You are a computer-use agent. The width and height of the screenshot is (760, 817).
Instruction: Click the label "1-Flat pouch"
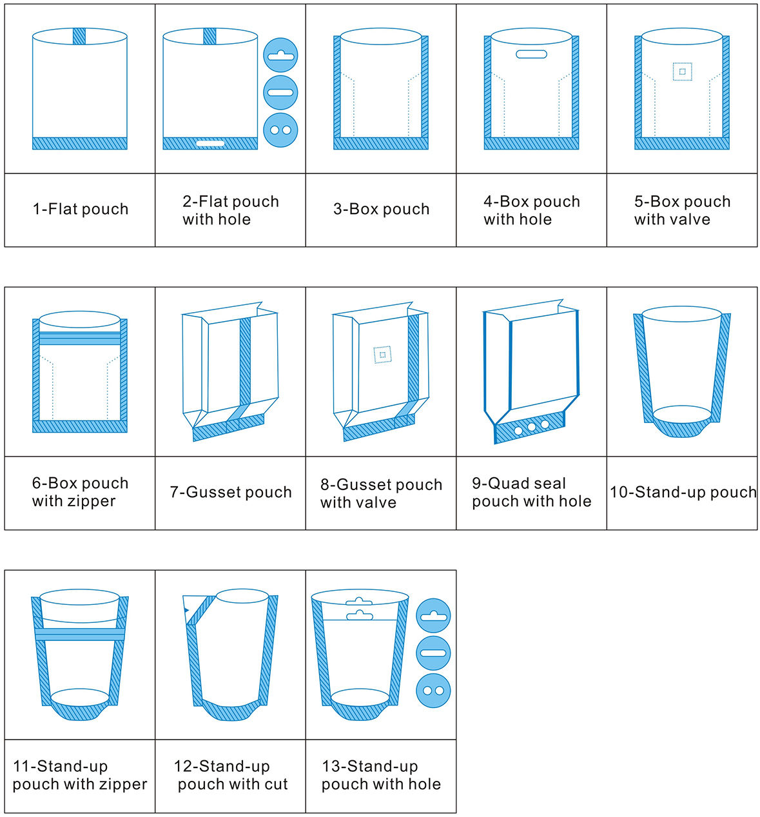tap(81, 209)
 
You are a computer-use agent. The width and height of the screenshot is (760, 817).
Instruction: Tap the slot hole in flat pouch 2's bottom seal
tap(210, 144)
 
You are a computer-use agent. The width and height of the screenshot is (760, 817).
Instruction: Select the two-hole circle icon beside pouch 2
tap(280, 130)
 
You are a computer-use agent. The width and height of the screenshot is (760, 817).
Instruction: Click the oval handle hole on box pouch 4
tap(531, 54)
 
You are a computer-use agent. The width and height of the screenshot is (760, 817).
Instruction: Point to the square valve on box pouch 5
tap(682, 72)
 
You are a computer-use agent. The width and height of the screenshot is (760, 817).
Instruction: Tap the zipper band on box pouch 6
tap(80, 338)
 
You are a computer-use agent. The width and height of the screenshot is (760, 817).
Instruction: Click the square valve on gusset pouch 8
tap(382, 355)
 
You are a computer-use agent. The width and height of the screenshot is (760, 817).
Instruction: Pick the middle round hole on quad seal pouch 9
tap(531, 427)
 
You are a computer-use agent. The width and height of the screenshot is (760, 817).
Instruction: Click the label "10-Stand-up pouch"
tap(683, 492)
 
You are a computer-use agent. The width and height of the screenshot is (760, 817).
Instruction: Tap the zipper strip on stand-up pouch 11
tap(80, 634)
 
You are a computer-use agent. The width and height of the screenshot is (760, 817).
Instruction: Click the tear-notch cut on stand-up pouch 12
tap(186, 611)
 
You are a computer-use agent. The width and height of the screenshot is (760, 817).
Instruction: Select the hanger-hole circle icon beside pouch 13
tap(433, 615)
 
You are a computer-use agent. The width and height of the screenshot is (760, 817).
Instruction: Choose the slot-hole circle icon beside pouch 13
tap(433, 653)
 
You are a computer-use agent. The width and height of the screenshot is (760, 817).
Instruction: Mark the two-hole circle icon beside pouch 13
tap(433, 691)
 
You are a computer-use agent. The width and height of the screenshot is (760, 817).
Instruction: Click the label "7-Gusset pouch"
tap(231, 492)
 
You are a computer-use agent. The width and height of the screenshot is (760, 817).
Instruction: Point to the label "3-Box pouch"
tap(381, 209)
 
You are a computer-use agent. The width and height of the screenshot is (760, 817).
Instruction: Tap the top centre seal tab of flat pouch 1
tap(79, 36)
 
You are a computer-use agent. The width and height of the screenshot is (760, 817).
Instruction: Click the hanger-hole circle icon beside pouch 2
tap(280, 55)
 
